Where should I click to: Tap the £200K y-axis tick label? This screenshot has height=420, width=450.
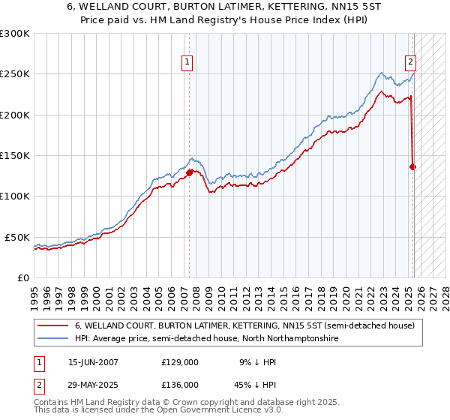click(x=15, y=115)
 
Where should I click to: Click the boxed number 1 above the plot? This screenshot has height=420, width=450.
click(x=187, y=63)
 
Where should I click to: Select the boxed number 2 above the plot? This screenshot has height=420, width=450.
click(x=411, y=63)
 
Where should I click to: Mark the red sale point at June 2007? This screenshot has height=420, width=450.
click(x=189, y=172)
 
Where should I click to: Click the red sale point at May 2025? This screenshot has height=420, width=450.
click(x=413, y=167)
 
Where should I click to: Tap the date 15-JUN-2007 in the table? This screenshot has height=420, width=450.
click(x=93, y=361)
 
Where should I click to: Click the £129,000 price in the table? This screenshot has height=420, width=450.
click(x=180, y=361)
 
